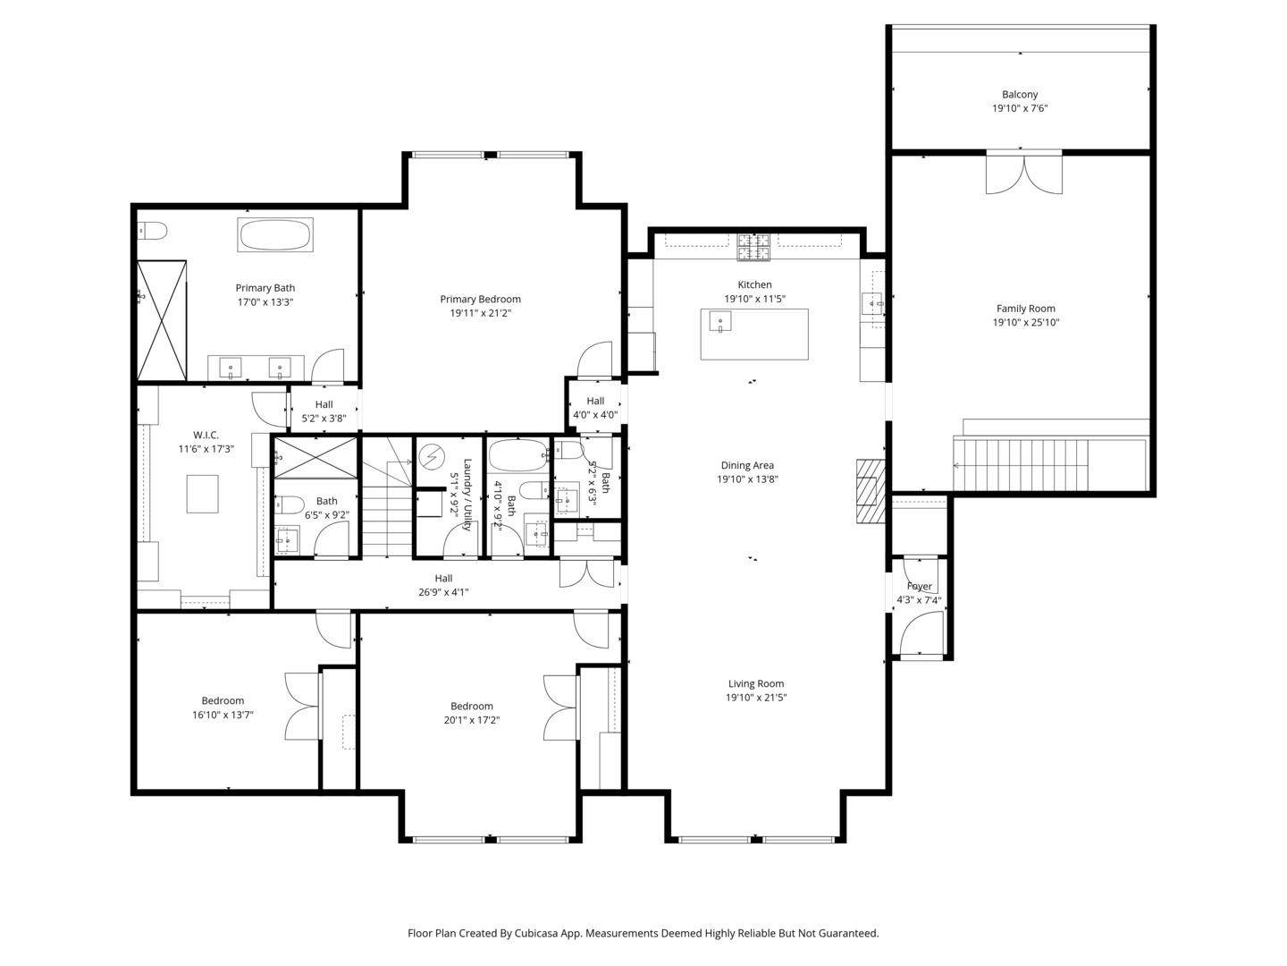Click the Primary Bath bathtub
tap(274, 235)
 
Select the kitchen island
tap(754, 335)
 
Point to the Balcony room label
tap(1020, 94)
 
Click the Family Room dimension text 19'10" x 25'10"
tap(1026, 323)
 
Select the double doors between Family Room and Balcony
tap(1024, 172)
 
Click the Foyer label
tap(919, 587)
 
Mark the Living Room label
tap(755, 683)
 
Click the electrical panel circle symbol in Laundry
tap(432, 457)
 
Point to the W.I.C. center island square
tap(202, 494)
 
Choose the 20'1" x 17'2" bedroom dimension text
tap(472, 720)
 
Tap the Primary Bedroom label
tap(480, 300)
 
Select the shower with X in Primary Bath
tap(162, 320)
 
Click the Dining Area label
tap(747, 465)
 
